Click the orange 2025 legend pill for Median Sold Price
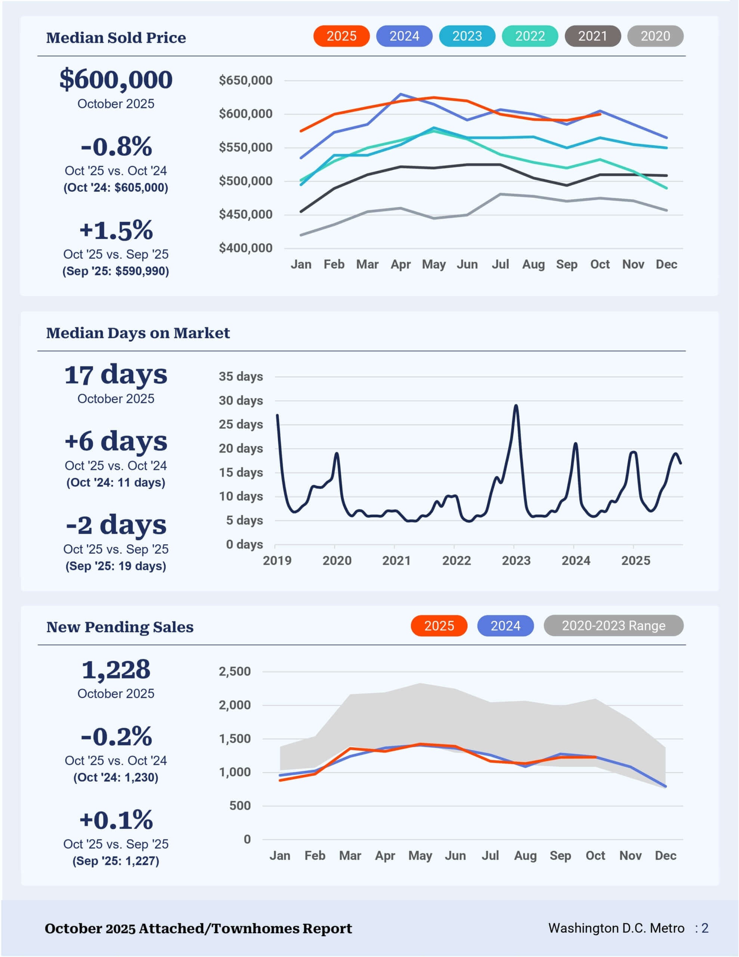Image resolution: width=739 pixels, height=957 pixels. pyautogui.click(x=341, y=36)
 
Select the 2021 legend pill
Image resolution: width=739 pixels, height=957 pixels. pyautogui.click(x=593, y=36)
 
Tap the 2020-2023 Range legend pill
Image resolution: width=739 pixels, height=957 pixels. pyautogui.click(x=613, y=625)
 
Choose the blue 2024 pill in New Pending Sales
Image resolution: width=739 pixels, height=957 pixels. pyautogui.click(x=505, y=625)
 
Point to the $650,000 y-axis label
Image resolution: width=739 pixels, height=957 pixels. pyautogui.click(x=245, y=80)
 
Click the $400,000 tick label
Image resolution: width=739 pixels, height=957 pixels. pyautogui.click(x=245, y=248)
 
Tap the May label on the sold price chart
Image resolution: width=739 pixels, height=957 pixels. pyautogui.click(x=434, y=264)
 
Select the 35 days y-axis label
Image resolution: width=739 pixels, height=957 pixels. pyautogui.click(x=241, y=376)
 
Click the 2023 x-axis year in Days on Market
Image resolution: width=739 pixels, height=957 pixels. pyautogui.click(x=516, y=560)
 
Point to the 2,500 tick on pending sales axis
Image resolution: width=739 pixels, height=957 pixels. pyautogui.click(x=235, y=671)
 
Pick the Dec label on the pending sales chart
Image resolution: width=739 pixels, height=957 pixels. pyautogui.click(x=665, y=855)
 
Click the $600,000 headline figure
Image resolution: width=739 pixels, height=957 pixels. pyautogui.click(x=116, y=79)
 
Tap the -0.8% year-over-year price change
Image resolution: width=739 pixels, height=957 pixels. pyautogui.click(x=116, y=147)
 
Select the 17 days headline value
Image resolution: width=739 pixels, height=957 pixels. pyautogui.click(x=116, y=375)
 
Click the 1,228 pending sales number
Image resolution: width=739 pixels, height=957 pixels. pyautogui.click(x=116, y=670)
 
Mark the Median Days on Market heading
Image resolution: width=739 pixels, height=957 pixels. pyautogui.click(x=138, y=333)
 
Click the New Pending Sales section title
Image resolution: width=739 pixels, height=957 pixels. pyautogui.click(x=120, y=627)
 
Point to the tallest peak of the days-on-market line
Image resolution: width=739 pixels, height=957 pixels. pyautogui.click(x=516, y=406)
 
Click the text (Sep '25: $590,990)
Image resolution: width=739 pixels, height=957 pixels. pyautogui.click(x=116, y=271)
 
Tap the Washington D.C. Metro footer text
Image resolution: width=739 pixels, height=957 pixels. pyautogui.click(x=616, y=928)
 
